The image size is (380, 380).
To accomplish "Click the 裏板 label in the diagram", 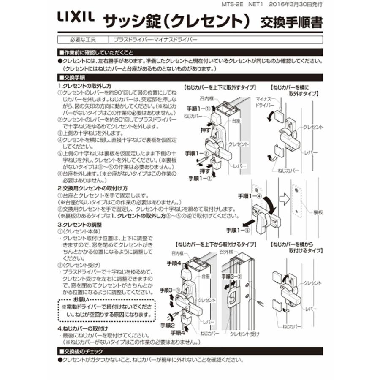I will [318, 212].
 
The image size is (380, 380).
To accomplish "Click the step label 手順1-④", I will [250, 196].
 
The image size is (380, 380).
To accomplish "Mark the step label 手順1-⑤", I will [238, 230].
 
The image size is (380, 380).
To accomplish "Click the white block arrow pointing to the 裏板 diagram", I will [283, 197].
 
